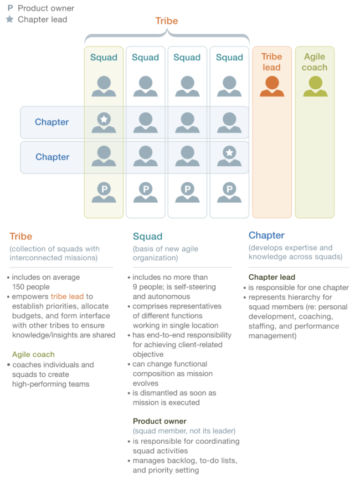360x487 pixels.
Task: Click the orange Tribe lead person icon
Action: pos(272,86)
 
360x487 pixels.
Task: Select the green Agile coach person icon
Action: pos(315,86)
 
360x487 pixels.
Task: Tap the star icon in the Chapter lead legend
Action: pos(10,19)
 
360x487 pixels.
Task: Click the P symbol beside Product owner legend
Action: pos(11,8)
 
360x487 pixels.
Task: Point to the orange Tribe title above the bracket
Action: pos(167,21)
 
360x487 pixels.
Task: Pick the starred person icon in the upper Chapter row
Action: pos(104,122)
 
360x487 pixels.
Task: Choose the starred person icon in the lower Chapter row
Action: pos(229,156)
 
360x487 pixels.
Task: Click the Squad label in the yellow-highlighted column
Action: pos(104,58)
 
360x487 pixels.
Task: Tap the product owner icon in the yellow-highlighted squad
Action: pos(104,192)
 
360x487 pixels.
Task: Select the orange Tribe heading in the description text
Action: pos(21,237)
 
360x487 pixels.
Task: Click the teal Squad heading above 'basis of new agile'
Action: pos(147,237)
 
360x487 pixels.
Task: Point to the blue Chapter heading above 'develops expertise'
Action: pos(266,235)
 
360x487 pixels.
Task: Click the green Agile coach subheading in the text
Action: pos(33,355)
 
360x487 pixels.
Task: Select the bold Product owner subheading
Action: pos(160,421)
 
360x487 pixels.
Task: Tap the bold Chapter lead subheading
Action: pos(272,277)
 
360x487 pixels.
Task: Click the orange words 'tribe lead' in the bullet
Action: pos(67,296)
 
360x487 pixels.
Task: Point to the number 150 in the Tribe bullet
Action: pos(18,286)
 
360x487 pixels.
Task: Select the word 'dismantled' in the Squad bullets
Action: pos(157,393)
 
